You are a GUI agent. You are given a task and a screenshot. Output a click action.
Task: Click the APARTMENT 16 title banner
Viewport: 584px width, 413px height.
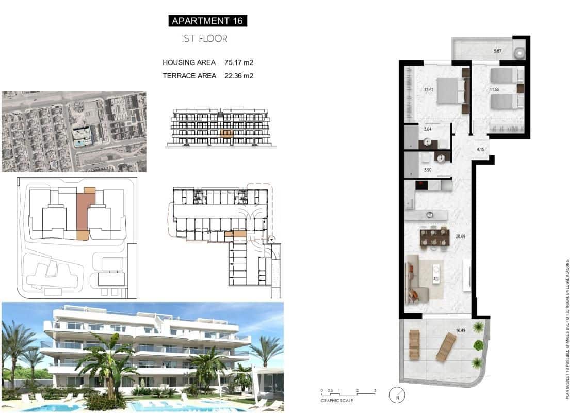click(x=207, y=21)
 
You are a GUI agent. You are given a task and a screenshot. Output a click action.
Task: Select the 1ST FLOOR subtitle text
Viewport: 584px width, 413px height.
click(x=204, y=39)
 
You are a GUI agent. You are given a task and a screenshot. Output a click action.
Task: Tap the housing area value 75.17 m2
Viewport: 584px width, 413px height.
click(x=239, y=62)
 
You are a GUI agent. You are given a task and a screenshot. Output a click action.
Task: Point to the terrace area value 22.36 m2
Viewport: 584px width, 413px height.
click(x=239, y=75)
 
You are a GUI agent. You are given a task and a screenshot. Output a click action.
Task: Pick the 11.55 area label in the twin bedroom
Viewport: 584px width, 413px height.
click(x=495, y=90)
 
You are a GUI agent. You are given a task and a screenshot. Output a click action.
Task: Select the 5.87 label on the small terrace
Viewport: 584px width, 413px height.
click(x=497, y=51)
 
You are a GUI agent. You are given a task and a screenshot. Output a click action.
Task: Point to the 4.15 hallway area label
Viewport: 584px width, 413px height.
click(x=480, y=150)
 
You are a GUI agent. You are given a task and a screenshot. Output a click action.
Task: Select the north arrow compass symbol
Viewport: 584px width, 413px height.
click(x=397, y=394)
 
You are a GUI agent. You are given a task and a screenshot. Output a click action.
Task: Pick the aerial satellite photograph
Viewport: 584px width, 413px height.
click(x=74, y=132)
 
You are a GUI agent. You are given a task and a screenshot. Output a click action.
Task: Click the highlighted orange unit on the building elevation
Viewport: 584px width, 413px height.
click(x=226, y=133)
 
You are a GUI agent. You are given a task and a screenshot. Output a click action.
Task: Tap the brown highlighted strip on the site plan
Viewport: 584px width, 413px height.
click(x=83, y=212)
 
